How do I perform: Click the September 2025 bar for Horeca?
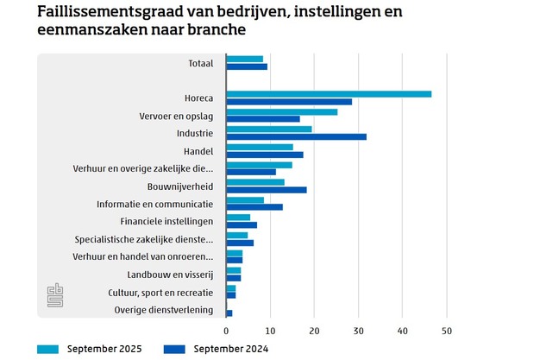coord(329,93)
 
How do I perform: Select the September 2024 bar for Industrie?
coord(296,136)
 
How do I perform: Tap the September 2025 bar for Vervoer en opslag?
coord(282,111)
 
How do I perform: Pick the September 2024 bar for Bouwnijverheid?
coord(267,189)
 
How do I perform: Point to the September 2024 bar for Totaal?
coord(247,66)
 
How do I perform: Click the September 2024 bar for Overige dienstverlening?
coord(229,313)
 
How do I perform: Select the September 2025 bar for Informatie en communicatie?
coord(245,199)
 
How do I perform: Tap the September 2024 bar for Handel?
coord(265,155)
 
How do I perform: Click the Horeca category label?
coord(198,98)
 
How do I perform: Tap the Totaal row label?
coord(200,63)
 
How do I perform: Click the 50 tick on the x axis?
coord(446,331)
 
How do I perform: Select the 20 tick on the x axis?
coord(314,331)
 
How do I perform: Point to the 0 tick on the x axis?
coord(226,331)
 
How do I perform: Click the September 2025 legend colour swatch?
coord(47,349)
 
